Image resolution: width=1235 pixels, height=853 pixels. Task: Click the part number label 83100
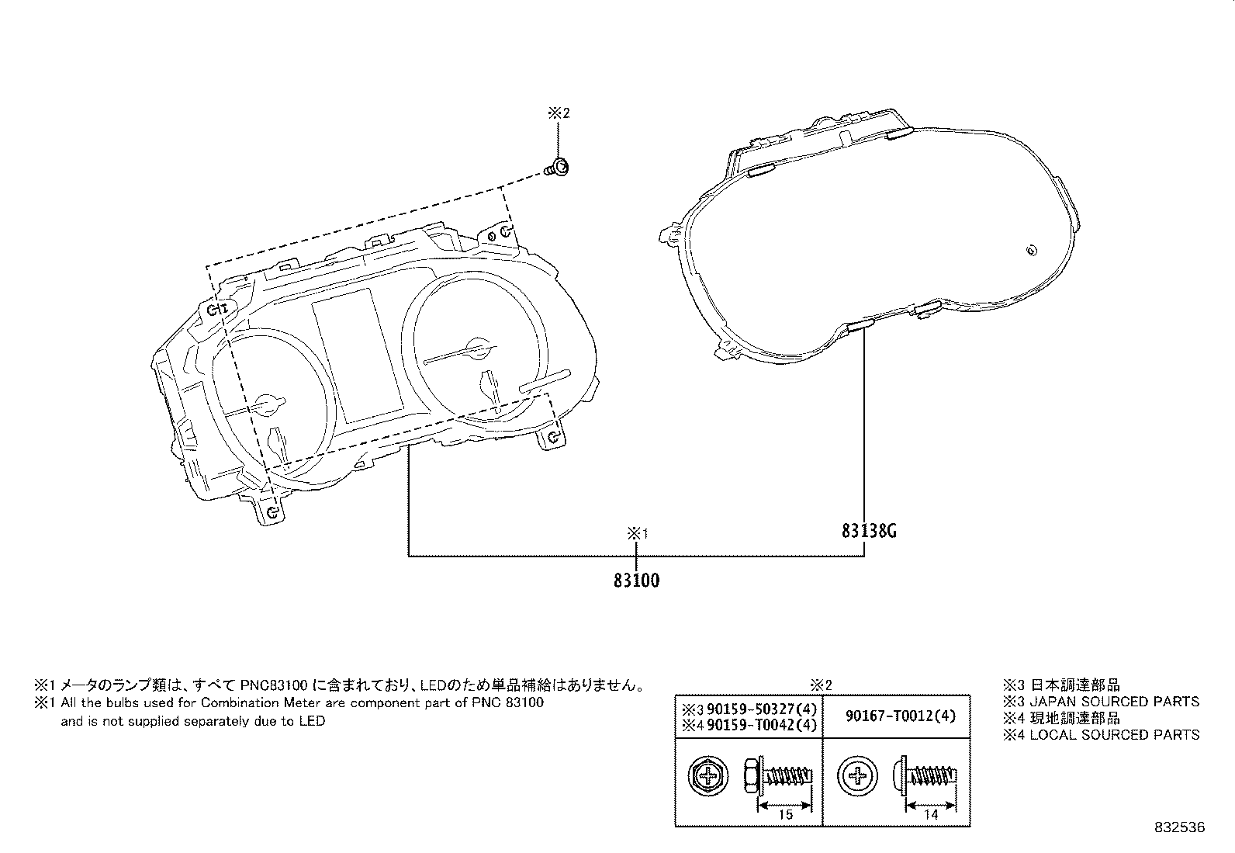click(x=636, y=581)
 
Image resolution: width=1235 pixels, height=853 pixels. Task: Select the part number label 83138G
click(x=869, y=531)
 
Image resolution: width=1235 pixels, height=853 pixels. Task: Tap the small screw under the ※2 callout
click(x=557, y=168)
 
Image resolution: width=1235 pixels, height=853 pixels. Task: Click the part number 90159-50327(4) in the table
click(x=761, y=709)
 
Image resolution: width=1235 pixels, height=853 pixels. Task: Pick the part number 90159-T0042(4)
click(x=761, y=725)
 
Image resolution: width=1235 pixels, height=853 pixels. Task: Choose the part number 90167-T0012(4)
click(x=901, y=716)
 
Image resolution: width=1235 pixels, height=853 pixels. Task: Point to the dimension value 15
click(x=785, y=814)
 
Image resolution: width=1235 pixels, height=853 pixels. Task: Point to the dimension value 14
click(x=931, y=814)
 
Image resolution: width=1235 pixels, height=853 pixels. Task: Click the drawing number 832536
click(x=1180, y=827)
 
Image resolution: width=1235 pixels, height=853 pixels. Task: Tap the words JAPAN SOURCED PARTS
click(x=1114, y=702)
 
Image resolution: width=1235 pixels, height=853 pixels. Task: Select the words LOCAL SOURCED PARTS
click(x=1114, y=735)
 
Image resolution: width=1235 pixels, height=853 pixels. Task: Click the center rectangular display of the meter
click(x=358, y=356)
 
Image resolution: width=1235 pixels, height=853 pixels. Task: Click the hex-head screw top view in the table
click(x=708, y=776)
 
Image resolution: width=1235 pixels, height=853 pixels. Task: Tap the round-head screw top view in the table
click(x=857, y=776)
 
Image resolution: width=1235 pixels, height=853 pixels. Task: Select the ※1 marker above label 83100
click(x=638, y=533)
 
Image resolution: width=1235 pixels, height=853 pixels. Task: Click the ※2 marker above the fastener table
click(x=821, y=685)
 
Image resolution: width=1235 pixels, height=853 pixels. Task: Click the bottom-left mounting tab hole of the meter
click(x=272, y=512)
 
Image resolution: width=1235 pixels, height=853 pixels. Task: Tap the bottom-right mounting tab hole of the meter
click(x=554, y=439)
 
